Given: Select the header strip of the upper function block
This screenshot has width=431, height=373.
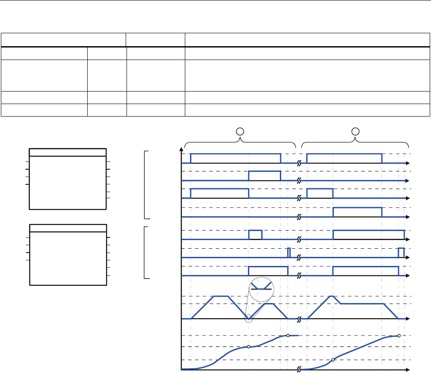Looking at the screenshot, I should click(x=68, y=152).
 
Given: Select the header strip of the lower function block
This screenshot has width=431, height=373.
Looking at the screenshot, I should click(x=68, y=228).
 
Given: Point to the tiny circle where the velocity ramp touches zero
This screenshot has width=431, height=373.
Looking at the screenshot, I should click(x=249, y=319).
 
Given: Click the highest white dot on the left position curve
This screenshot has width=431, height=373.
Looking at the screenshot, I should click(x=288, y=335).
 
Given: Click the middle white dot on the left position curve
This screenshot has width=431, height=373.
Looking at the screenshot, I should click(x=248, y=347).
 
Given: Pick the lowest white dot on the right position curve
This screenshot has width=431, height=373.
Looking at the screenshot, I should click(x=333, y=360).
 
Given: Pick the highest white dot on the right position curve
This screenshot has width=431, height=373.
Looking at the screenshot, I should click(x=399, y=335).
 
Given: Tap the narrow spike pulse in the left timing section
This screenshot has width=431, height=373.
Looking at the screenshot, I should click(x=289, y=253).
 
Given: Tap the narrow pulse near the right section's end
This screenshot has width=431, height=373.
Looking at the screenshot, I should click(x=401, y=253).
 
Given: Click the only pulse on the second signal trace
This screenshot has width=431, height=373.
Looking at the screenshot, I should click(x=264, y=176).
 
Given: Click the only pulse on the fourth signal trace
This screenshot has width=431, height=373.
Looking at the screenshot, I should click(x=357, y=212).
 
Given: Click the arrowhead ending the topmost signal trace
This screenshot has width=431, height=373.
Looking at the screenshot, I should click(x=407, y=163).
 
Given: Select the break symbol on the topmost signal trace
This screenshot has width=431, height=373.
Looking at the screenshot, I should click(x=299, y=163).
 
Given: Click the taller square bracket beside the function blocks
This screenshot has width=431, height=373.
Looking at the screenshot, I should click(x=146, y=185).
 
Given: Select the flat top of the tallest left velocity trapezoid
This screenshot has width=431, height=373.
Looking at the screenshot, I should click(x=222, y=296).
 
